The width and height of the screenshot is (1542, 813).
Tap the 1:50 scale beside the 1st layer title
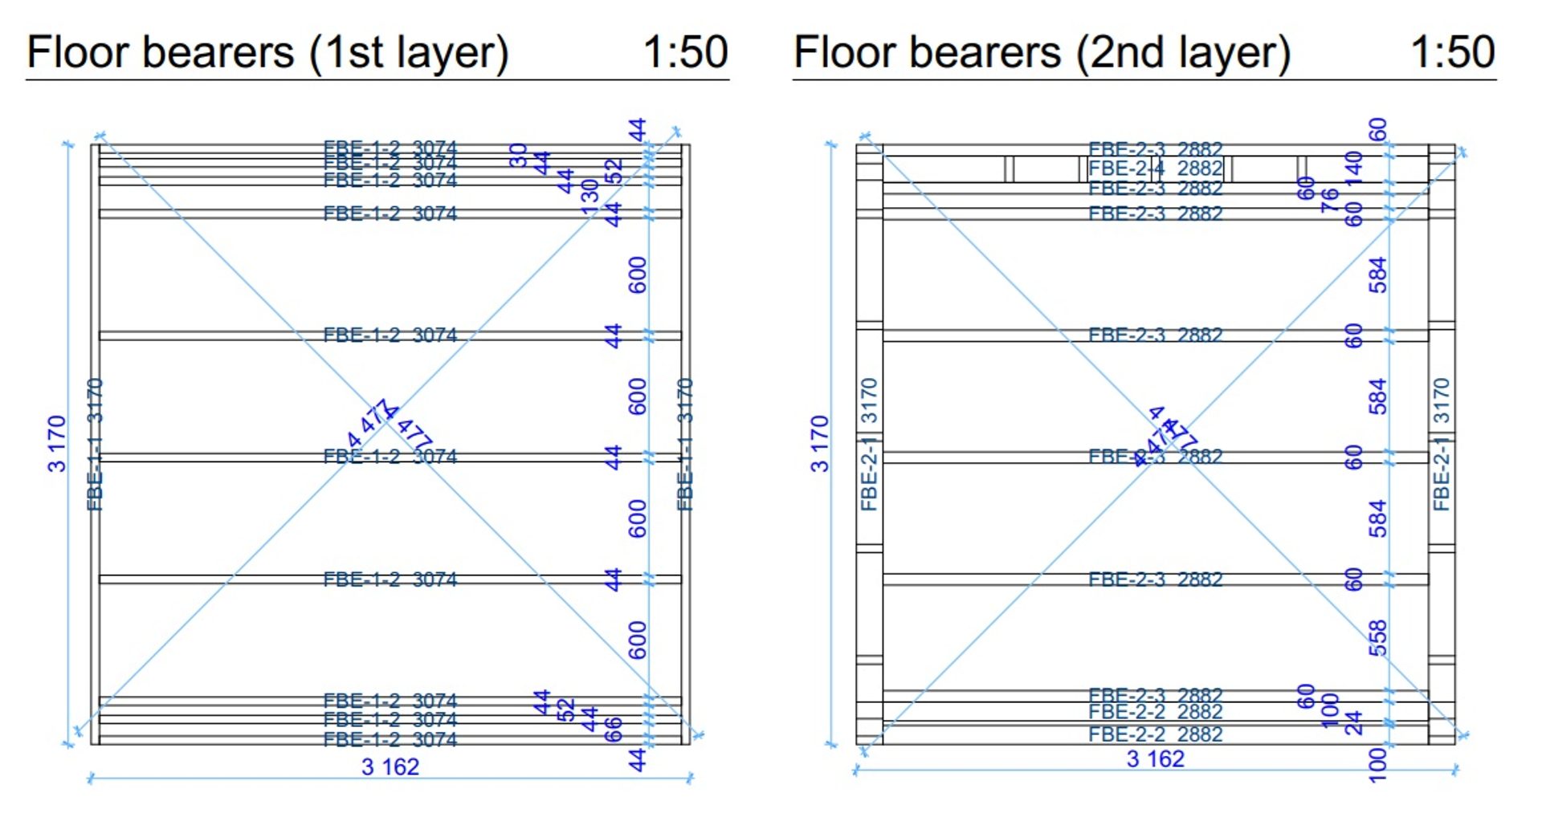685,53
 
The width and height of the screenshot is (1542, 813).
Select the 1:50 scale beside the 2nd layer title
1452,53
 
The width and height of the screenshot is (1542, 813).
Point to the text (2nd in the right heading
1120,53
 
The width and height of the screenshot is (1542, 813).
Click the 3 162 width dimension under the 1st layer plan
390,766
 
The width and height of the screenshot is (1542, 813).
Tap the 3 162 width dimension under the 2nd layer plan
1155,758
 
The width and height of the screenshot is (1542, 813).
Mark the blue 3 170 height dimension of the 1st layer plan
56,443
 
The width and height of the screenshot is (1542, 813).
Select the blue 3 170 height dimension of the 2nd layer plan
818,443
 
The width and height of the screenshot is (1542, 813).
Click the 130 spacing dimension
590,197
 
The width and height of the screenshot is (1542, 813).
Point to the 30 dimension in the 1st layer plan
518,155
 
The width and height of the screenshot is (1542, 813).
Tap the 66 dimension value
613,729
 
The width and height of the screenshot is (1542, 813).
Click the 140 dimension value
1354,168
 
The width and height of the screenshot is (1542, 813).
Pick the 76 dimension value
1330,200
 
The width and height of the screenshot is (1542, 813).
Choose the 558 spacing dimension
1377,637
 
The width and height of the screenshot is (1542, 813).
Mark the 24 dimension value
1354,722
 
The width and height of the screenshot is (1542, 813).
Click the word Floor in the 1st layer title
78,53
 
